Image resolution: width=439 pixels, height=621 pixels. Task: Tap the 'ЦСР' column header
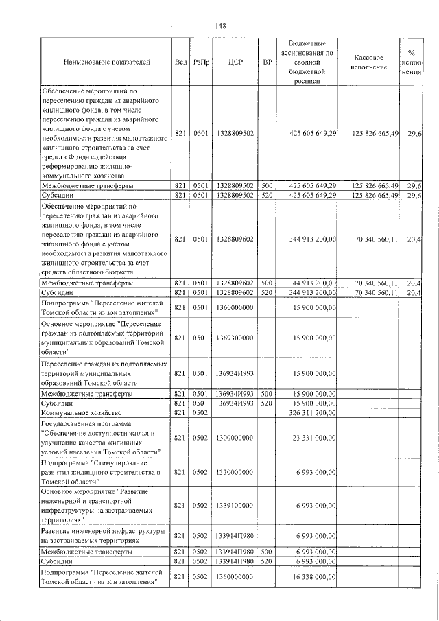pyautogui.click(x=234, y=62)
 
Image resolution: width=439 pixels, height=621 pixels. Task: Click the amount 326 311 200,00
pyautogui.click(x=311, y=413)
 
